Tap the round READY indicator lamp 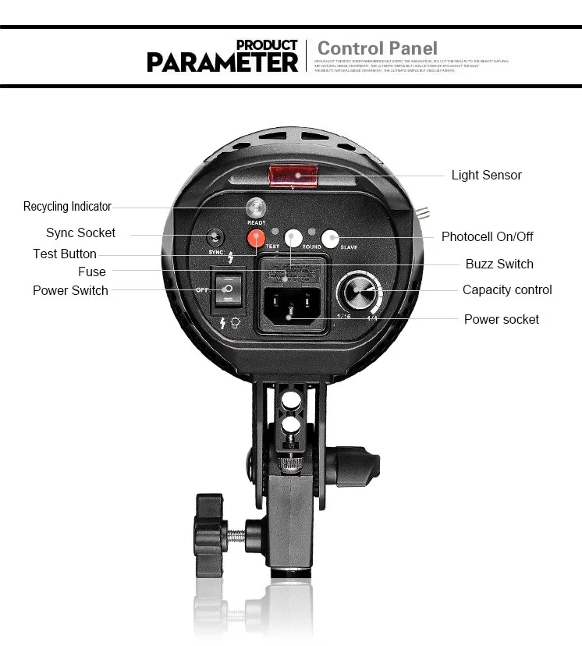click(x=256, y=208)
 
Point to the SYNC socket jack click(x=215, y=238)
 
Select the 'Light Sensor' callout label click(x=486, y=175)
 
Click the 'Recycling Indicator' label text click(x=67, y=207)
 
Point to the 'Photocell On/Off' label click(x=488, y=236)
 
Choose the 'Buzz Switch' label click(x=499, y=264)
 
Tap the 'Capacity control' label click(x=507, y=289)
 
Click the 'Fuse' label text click(x=92, y=272)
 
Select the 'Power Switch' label click(x=70, y=290)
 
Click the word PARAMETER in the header click(x=222, y=62)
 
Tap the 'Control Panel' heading click(x=378, y=48)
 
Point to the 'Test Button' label click(x=65, y=254)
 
